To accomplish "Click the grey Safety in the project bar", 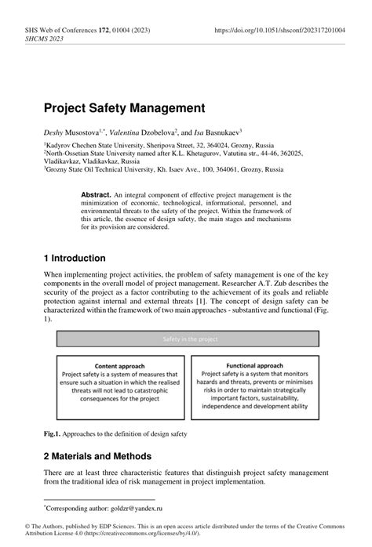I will click(x=186, y=339).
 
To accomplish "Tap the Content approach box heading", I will click(x=119, y=366).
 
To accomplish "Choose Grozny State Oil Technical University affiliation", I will click(x=115, y=168).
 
